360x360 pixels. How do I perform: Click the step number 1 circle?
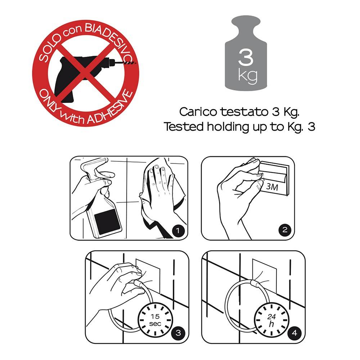click(x=178, y=230)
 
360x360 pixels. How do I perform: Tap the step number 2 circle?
click(x=285, y=230)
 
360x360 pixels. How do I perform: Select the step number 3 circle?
click(x=178, y=333)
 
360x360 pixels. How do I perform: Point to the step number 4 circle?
click(x=294, y=333)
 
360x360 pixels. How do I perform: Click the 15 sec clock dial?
click(x=155, y=320)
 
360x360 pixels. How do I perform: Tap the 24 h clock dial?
click(x=271, y=320)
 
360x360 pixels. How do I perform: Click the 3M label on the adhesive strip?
click(x=272, y=187)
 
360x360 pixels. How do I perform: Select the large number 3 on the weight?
click(x=246, y=57)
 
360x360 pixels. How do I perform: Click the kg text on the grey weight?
click(x=248, y=76)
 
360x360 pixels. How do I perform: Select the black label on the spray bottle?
click(x=107, y=221)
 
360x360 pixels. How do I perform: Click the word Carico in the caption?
click(x=198, y=112)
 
